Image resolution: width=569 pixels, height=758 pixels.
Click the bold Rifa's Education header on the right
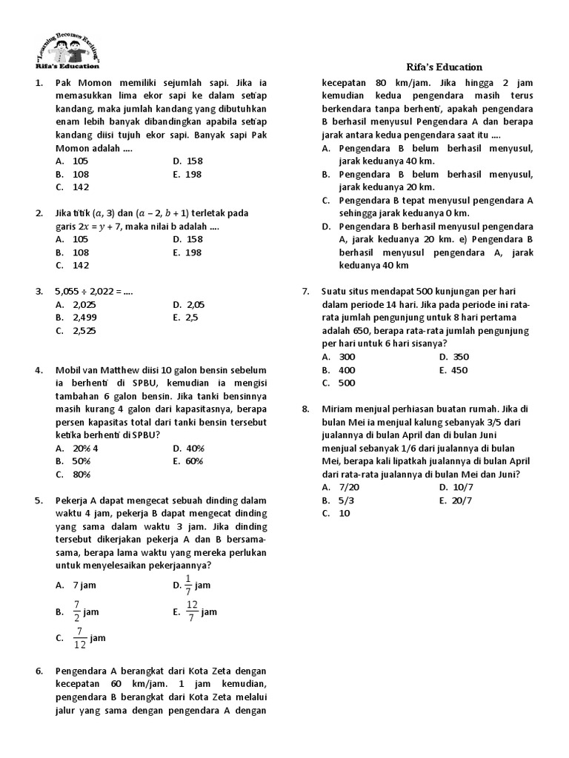[445, 67]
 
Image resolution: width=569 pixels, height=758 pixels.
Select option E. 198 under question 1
[187, 174]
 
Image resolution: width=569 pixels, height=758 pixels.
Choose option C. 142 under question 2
[72, 265]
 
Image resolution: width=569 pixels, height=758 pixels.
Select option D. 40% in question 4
[188, 448]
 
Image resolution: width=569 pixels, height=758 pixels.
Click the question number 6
[39, 671]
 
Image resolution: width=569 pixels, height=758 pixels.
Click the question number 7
[305, 291]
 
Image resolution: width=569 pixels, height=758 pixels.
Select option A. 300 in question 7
[339, 357]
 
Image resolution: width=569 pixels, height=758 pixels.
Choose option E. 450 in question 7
[453, 370]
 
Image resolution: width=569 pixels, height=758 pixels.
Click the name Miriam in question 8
[338, 409]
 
